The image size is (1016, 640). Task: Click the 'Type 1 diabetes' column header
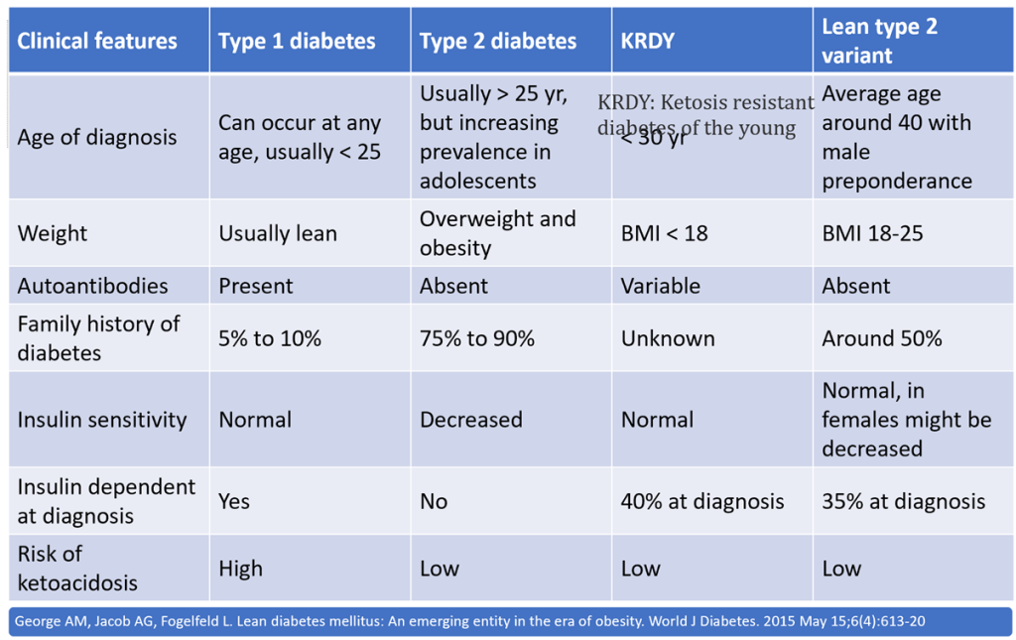click(297, 41)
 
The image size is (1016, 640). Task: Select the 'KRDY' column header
click(648, 41)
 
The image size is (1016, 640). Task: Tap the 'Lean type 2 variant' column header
click(879, 41)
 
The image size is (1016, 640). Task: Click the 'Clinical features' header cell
click(97, 41)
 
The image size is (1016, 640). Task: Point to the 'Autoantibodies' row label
click(92, 286)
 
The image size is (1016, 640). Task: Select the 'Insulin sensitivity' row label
click(101, 420)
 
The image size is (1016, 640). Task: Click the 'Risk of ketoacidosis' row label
click(77, 568)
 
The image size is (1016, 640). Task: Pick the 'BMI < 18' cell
click(664, 233)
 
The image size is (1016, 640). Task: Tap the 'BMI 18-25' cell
click(869, 233)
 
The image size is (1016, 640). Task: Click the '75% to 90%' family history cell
click(476, 338)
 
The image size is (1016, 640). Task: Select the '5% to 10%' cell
click(270, 338)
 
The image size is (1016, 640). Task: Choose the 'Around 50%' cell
click(881, 338)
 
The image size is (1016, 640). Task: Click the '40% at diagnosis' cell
click(701, 501)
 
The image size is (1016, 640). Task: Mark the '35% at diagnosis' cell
click(903, 501)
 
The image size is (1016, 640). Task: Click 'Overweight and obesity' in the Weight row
click(497, 233)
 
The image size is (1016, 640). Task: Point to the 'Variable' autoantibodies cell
click(660, 286)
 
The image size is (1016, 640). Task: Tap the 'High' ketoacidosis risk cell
click(240, 569)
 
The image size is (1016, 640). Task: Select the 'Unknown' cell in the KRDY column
click(667, 338)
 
